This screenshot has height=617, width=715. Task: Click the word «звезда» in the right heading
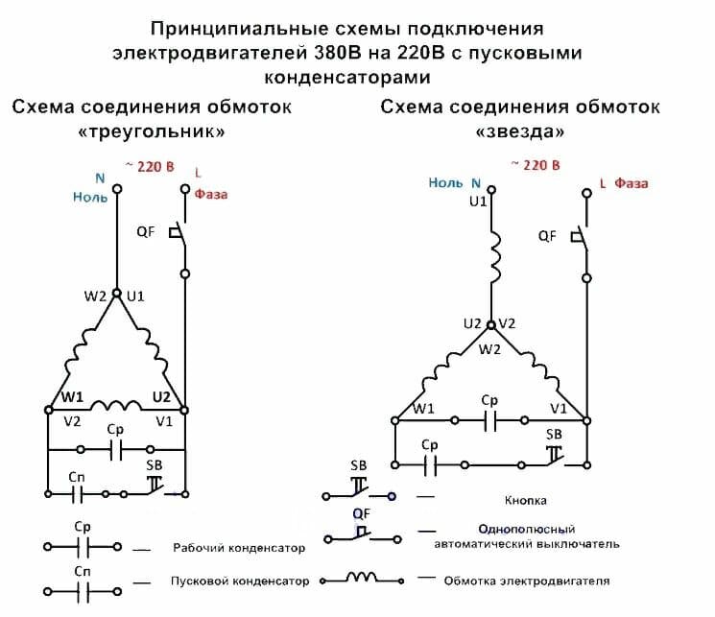pyautogui.click(x=519, y=130)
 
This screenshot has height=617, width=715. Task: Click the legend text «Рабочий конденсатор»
pyautogui.click(x=239, y=549)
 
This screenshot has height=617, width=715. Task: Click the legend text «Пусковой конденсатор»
pyautogui.click(x=240, y=581)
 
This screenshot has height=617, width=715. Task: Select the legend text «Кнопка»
pyautogui.click(x=527, y=501)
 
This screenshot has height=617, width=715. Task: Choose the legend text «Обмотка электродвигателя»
pyautogui.click(x=527, y=581)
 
